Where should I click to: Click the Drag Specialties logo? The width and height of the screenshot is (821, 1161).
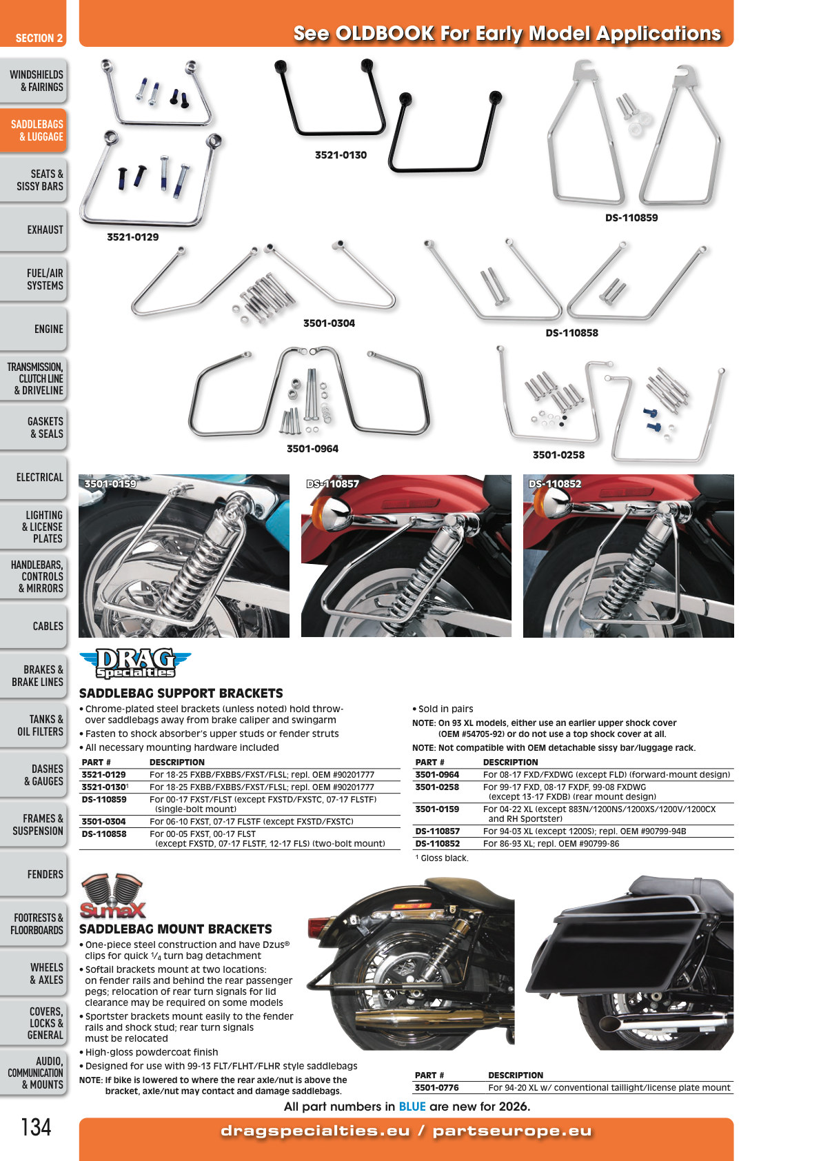(x=135, y=663)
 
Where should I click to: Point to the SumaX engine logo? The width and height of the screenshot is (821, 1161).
(x=112, y=896)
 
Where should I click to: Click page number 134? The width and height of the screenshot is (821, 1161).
(x=36, y=1127)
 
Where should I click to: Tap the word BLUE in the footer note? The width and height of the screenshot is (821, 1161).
(x=412, y=1107)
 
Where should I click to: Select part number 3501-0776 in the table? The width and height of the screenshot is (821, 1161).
(x=436, y=1087)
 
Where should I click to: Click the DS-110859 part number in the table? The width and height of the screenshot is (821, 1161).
(x=103, y=799)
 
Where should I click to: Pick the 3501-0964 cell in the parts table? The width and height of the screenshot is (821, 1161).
(x=437, y=774)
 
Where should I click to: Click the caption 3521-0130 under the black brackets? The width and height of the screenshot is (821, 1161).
(x=341, y=155)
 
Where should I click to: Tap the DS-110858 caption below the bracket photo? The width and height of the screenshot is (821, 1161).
(x=571, y=333)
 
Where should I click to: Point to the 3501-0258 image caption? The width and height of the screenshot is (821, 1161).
(x=558, y=454)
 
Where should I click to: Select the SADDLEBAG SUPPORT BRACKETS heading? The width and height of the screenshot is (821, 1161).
(x=181, y=693)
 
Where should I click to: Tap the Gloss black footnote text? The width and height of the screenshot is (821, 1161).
(x=442, y=858)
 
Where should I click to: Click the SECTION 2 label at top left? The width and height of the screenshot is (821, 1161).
(x=39, y=38)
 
